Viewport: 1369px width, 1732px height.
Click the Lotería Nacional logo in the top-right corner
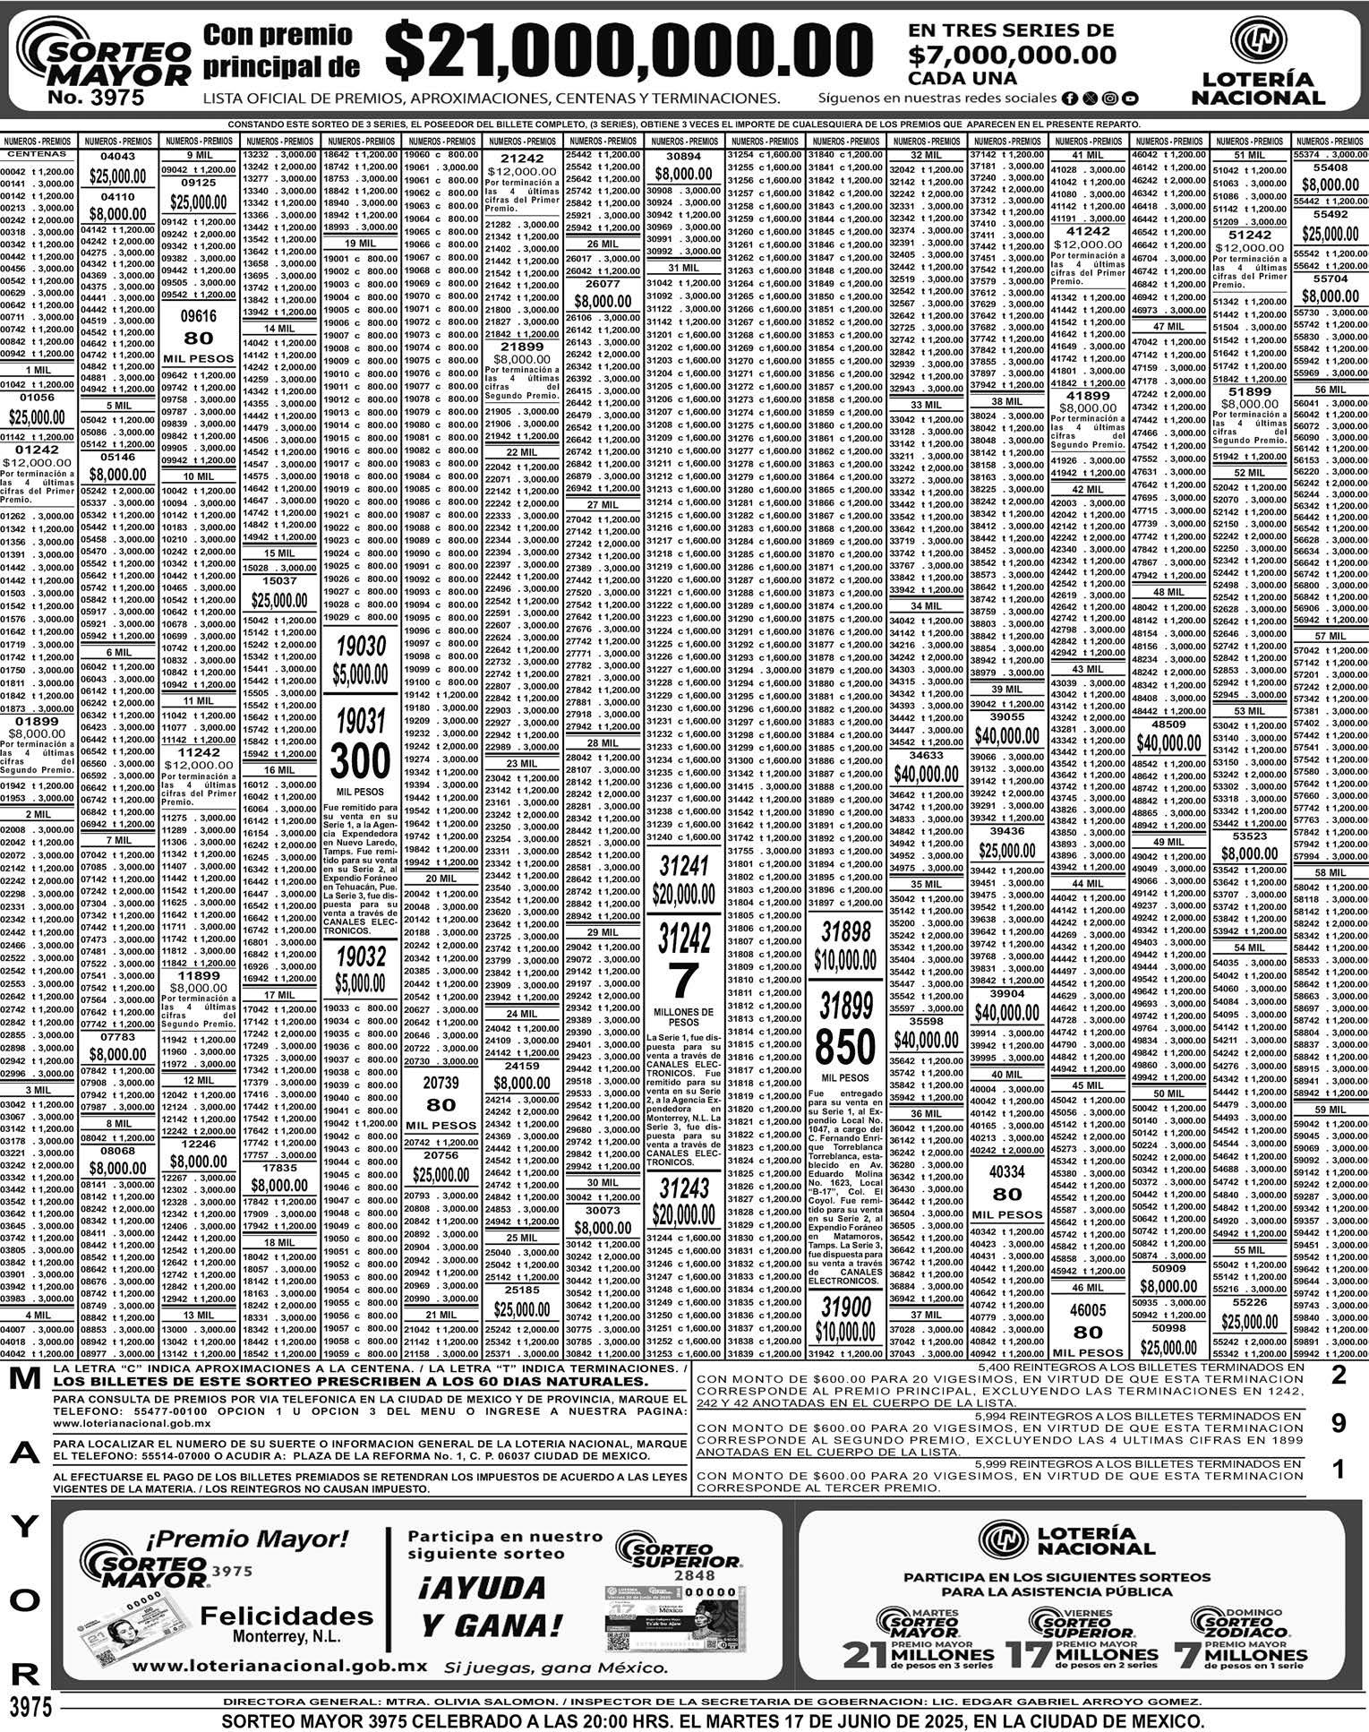(x=1257, y=64)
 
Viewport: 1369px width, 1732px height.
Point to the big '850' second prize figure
(x=845, y=1046)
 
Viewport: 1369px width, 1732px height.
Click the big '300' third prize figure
(x=360, y=761)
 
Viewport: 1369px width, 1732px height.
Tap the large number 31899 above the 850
(x=845, y=1006)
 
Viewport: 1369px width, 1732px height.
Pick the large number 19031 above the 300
(x=360, y=720)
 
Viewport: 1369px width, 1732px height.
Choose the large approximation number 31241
(x=684, y=866)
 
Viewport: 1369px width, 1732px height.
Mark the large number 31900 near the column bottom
(x=845, y=1307)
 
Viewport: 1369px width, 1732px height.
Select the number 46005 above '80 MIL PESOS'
(x=1088, y=1309)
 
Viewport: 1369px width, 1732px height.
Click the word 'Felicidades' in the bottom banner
(x=287, y=1615)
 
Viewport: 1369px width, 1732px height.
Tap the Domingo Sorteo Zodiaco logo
(x=1240, y=1621)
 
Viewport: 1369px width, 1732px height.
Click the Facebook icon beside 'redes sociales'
(x=1069, y=98)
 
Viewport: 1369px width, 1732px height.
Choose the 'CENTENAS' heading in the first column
(x=38, y=154)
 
